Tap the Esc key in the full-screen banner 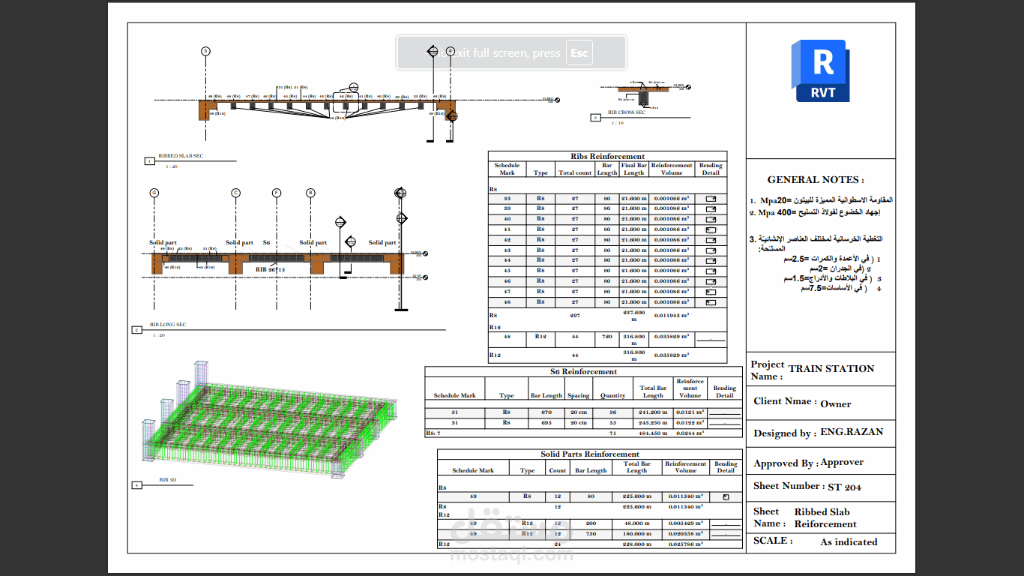(x=579, y=53)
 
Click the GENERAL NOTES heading (x=815, y=180)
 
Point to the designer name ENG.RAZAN (x=852, y=432)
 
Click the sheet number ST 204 (x=844, y=487)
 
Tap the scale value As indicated (x=849, y=542)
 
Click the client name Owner (x=835, y=403)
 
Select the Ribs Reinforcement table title (x=607, y=157)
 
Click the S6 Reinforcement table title (x=583, y=371)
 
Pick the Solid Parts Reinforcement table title (x=590, y=454)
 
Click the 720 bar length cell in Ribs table (x=606, y=337)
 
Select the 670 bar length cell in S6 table (x=546, y=412)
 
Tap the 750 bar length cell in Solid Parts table (x=590, y=534)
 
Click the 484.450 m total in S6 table (x=652, y=433)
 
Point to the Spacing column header (x=578, y=396)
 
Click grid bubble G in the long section (x=154, y=193)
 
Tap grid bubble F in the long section (x=277, y=193)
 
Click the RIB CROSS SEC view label (x=627, y=112)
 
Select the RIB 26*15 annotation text (x=270, y=268)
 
